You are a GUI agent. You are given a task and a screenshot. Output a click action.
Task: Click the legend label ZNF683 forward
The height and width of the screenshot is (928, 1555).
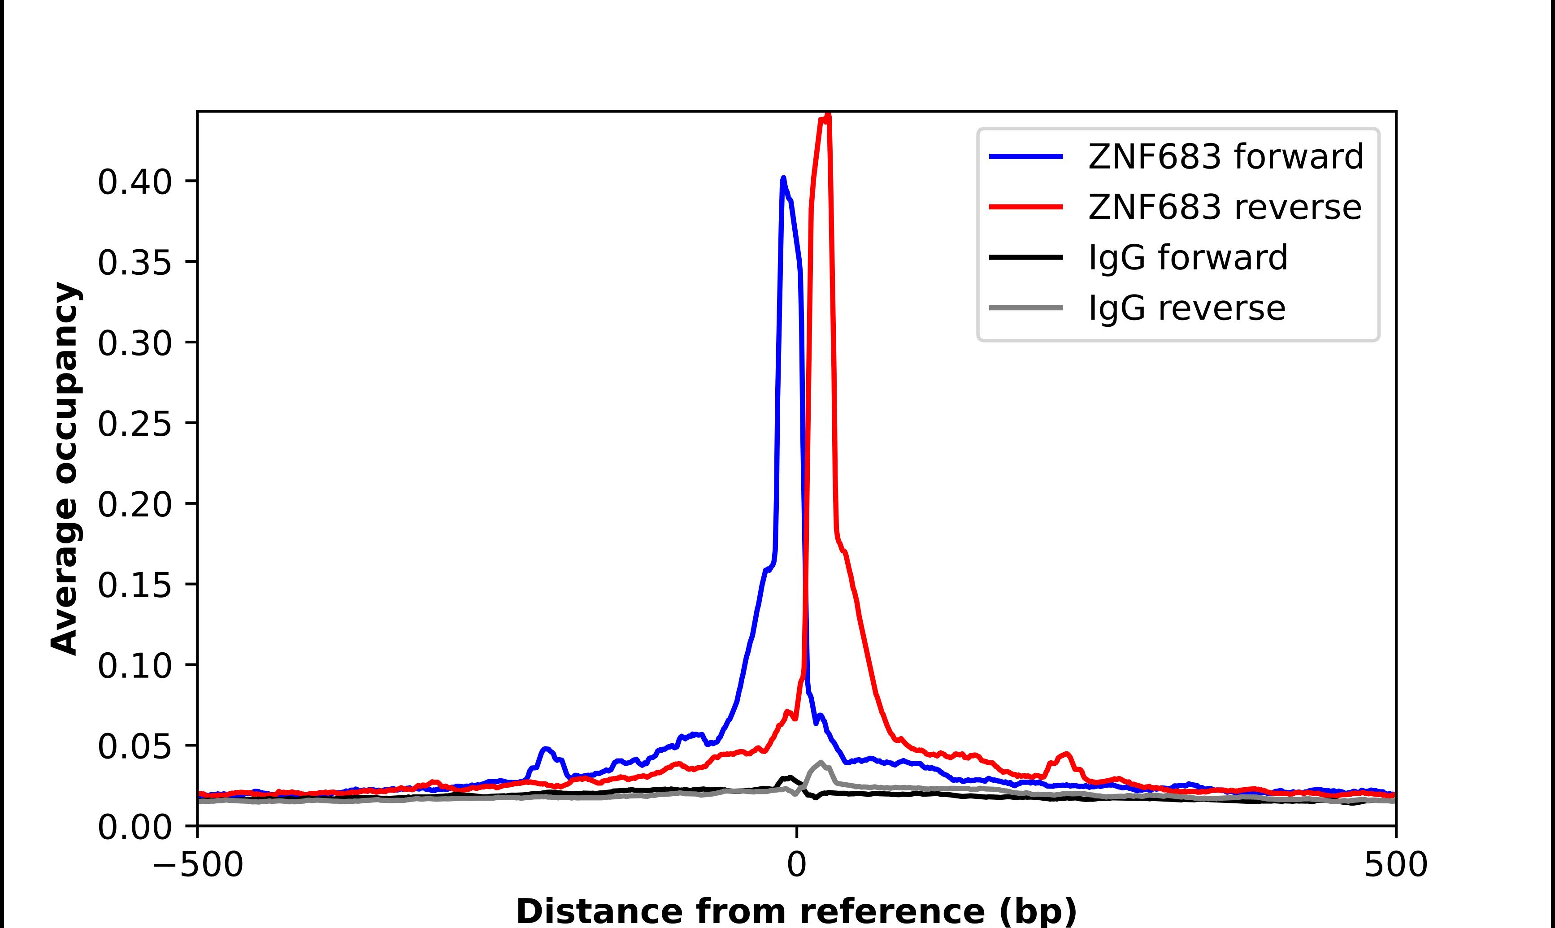[x=1225, y=156]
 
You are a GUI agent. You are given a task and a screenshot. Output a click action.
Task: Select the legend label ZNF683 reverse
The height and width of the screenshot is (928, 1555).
[x=1224, y=207]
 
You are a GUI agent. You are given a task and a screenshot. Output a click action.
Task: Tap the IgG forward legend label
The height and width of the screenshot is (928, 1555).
[x=1188, y=258]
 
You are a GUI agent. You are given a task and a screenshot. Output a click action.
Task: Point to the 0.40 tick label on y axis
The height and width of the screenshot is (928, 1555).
[x=135, y=182]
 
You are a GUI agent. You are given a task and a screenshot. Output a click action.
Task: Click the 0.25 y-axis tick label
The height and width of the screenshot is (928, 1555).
[x=135, y=424]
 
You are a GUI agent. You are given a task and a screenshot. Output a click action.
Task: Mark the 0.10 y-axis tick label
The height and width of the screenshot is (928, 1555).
[x=135, y=666]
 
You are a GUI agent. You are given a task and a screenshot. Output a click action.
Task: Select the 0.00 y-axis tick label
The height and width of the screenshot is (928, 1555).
[x=135, y=827]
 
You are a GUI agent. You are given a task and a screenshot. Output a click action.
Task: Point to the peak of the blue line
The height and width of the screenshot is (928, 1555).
[x=783, y=179]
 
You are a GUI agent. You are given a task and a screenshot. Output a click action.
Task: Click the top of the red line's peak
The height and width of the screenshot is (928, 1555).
[x=827, y=116]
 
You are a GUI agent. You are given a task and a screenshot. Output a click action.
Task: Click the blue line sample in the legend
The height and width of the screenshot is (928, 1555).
[x=1025, y=156]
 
